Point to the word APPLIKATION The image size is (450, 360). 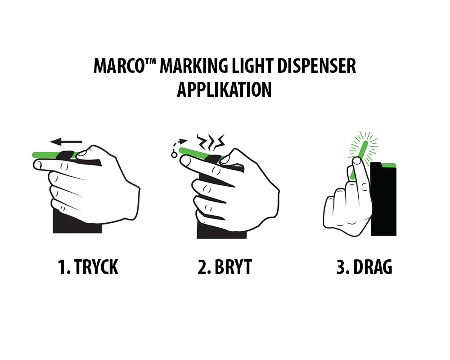(224, 90)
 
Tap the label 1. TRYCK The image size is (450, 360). (88, 267)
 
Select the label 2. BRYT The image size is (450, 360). (225, 267)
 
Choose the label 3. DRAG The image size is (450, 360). (364, 267)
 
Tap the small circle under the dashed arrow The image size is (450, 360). (174, 155)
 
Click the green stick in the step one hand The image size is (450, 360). (45, 155)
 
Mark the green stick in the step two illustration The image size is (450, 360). (198, 153)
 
